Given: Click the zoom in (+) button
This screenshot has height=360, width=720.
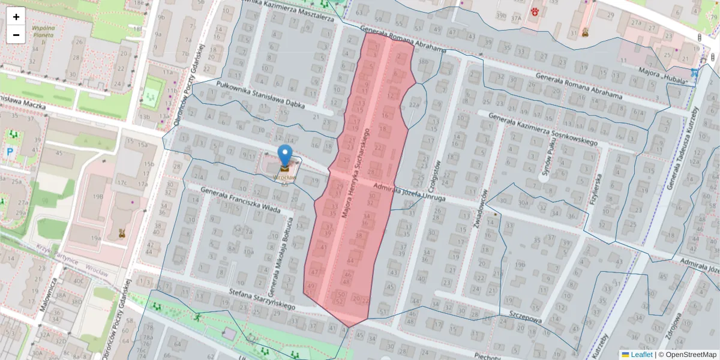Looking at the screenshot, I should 16,16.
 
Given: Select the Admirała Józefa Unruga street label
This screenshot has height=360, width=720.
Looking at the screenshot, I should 409,193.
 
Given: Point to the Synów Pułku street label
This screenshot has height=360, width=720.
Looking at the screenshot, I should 546,160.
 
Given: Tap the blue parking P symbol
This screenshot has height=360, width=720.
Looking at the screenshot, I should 10,152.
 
